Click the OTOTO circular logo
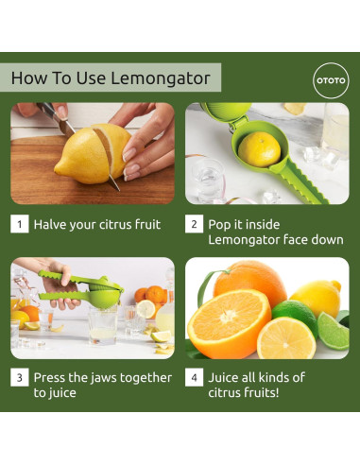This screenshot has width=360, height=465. (x=331, y=80)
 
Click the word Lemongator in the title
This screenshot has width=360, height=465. (x=161, y=78)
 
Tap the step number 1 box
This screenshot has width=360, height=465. (x=20, y=224)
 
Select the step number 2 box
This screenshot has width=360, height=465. (x=194, y=224)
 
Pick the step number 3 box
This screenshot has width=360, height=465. (x=20, y=377)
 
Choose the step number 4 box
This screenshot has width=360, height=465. (x=194, y=377)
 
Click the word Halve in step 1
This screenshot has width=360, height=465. (x=50, y=225)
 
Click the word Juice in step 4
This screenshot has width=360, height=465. (x=223, y=377)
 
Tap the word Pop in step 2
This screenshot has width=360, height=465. (x=219, y=225)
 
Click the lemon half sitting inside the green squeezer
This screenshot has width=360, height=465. (x=259, y=149)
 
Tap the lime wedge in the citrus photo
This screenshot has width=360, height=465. (x=334, y=331)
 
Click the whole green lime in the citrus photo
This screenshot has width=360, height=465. (x=295, y=317)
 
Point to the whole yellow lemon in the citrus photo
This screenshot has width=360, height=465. (x=317, y=298)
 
